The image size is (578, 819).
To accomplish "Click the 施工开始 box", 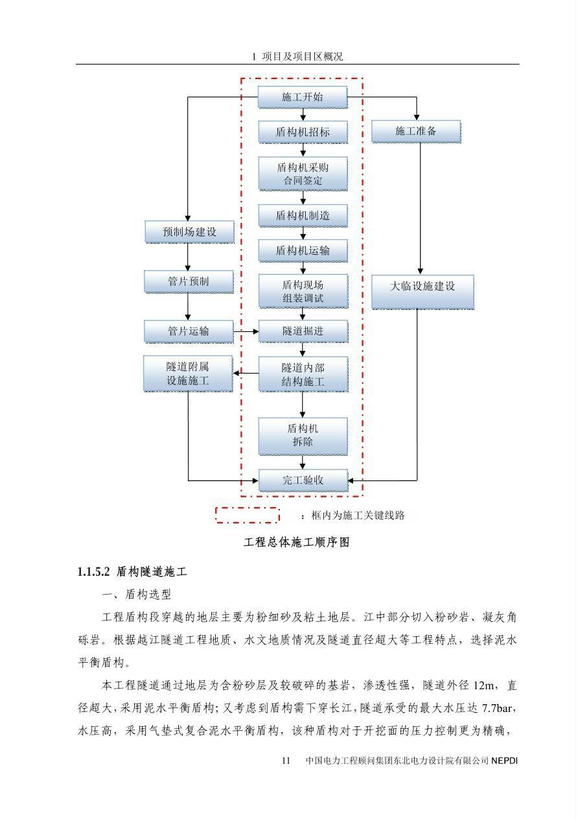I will (303, 97).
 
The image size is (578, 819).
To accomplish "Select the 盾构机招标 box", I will (303, 132).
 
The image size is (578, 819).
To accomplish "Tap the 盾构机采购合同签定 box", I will (303, 173).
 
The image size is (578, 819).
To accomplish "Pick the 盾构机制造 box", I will (303, 215).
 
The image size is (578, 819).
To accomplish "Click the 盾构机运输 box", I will (303, 250).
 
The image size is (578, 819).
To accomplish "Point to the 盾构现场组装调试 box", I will (303, 291).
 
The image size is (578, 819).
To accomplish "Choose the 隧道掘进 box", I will (303, 331).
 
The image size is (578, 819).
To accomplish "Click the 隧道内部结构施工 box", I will (303, 374).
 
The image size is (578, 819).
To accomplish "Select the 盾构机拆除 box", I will (303, 435).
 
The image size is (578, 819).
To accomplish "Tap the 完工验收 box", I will (303, 481).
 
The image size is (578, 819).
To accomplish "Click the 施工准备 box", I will (416, 131).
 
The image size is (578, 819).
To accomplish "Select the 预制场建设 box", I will (189, 231).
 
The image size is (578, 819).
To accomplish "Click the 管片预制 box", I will (189, 281).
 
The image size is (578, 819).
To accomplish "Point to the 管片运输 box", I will (189, 331).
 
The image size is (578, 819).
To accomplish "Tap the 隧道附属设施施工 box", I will (188, 374).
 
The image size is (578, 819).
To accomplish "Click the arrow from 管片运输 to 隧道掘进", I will (246, 331).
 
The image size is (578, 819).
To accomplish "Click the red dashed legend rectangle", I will (247, 515).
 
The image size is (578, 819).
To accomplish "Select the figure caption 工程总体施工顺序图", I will (296, 542).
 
